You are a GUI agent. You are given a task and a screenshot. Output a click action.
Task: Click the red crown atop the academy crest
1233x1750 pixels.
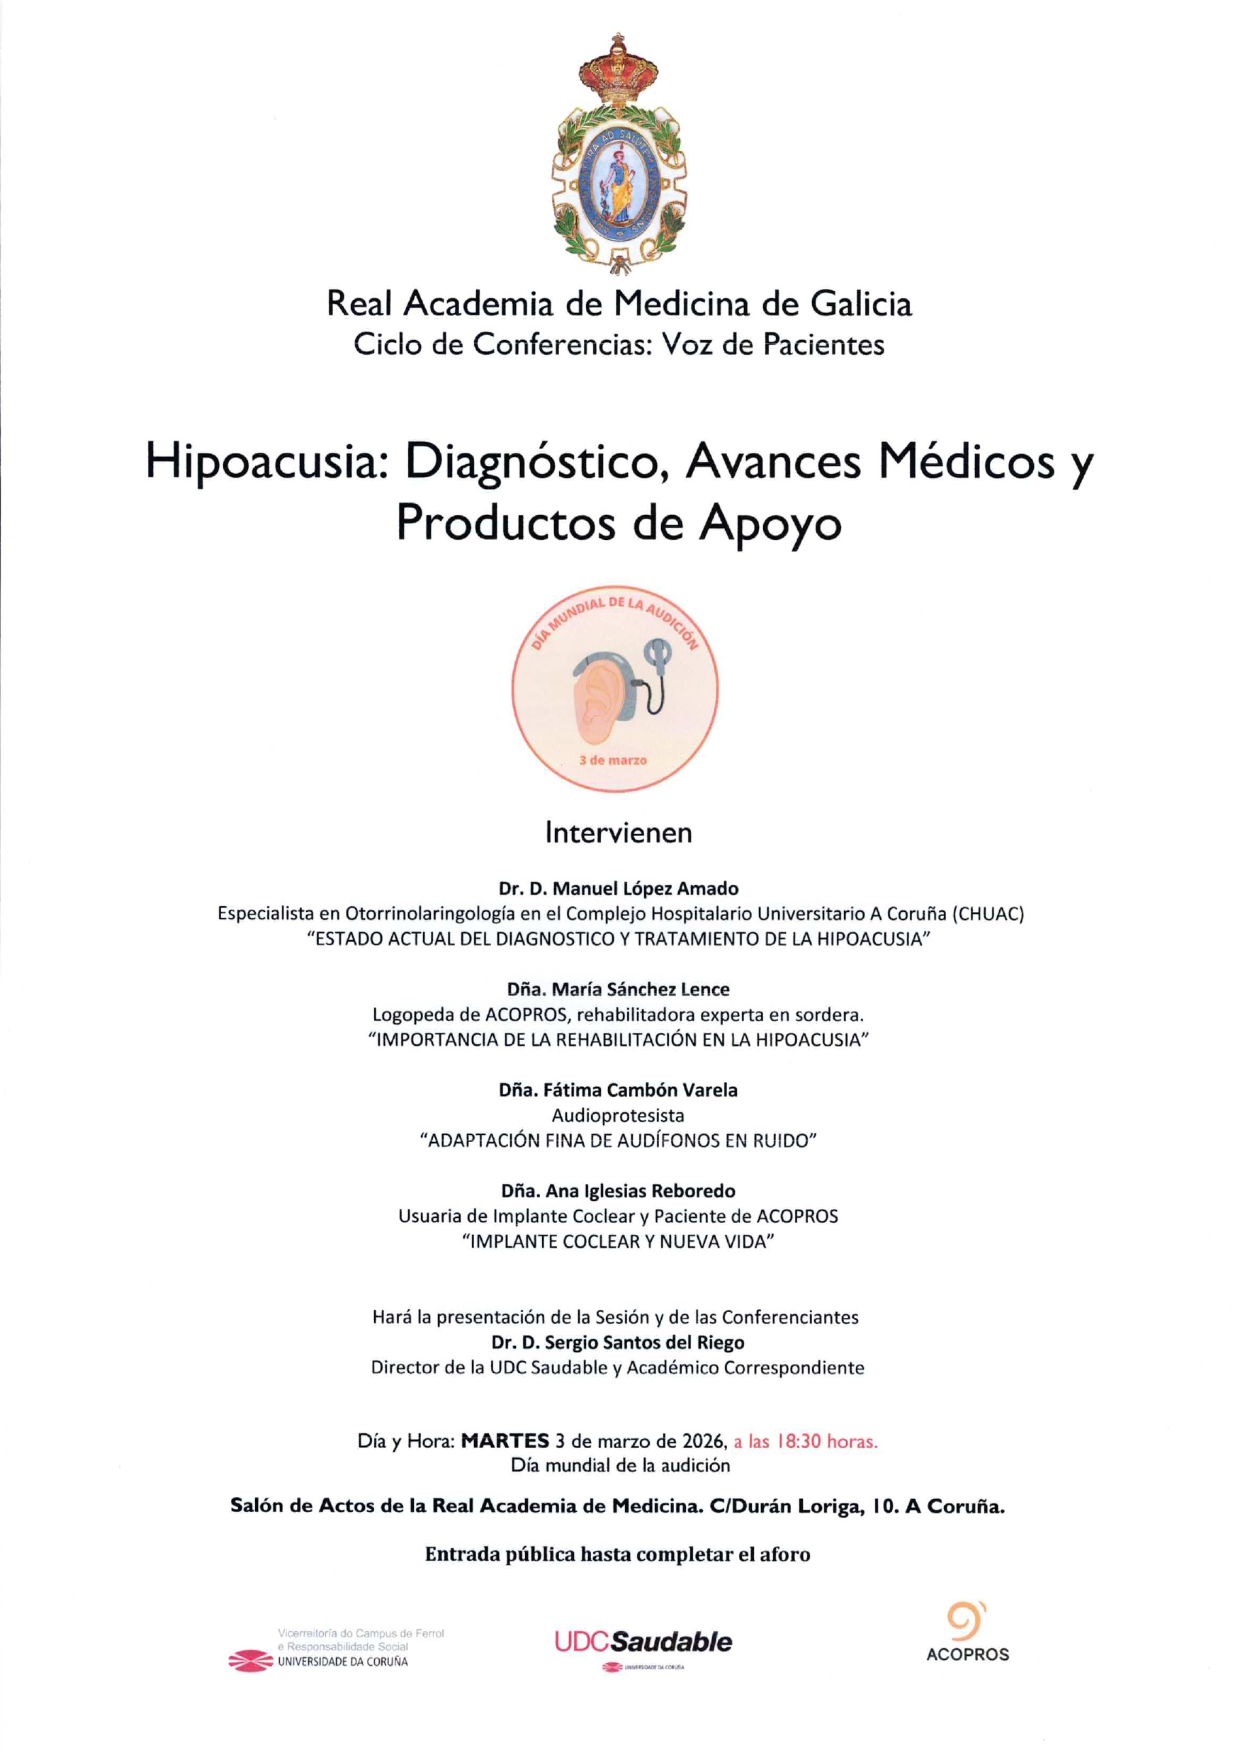(x=618, y=72)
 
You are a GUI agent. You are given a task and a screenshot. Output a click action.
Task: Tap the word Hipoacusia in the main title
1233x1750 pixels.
(x=261, y=463)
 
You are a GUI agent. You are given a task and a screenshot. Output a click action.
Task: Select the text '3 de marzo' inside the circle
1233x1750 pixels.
(x=612, y=760)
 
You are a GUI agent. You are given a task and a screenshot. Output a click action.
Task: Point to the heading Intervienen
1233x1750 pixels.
(x=618, y=833)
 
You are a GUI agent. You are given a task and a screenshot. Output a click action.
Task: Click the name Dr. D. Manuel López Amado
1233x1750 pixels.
(x=618, y=888)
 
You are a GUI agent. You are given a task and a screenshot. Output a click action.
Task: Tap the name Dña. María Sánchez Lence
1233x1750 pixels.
(x=618, y=989)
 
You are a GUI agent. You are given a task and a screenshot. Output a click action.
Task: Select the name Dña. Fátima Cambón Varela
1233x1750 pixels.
(x=618, y=1090)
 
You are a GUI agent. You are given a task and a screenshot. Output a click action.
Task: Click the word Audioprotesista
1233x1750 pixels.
(x=618, y=1116)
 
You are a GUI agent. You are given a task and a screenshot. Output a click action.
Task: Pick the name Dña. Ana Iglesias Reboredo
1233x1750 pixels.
(x=618, y=1190)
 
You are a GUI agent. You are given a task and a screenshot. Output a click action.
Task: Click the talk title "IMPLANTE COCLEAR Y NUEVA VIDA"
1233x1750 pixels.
(x=618, y=1241)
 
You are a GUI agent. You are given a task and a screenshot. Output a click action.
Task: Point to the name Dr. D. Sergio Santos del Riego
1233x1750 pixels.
(x=618, y=1342)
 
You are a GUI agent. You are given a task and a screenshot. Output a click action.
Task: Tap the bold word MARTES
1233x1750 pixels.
(x=505, y=1441)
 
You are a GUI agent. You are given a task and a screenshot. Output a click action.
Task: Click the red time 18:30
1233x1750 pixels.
(x=799, y=1441)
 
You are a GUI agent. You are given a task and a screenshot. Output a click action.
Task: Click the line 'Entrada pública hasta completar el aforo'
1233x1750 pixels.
(x=618, y=1554)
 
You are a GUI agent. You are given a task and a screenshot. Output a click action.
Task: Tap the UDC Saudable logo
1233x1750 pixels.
(x=643, y=1641)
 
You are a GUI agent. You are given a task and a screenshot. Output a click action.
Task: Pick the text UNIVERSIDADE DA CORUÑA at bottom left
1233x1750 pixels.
(x=342, y=1661)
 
